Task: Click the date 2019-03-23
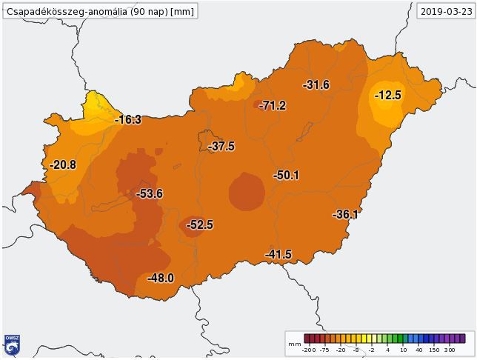click(x=445, y=11)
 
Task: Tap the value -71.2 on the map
click(x=272, y=106)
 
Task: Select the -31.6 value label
click(x=316, y=85)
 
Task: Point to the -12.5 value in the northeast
click(x=387, y=96)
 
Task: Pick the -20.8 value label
click(x=63, y=165)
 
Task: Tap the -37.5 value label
click(x=221, y=147)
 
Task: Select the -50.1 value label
click(x=286, y=176)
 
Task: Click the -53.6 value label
click(x=150, y=194)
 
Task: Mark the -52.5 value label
click(x=199, y=224)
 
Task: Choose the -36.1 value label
click(x=345, y=215)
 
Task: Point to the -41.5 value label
click(x=278, y=255)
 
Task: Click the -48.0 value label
click(x=160, y=279)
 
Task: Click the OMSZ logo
click(x=12, y=345)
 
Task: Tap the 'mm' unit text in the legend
click(x=294, y=344)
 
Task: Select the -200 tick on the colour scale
click(x=309, y=350)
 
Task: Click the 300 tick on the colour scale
click(x=450, y=350)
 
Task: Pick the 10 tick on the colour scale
click(x=403, y=350)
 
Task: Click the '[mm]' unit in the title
click(x=183, y=11)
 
